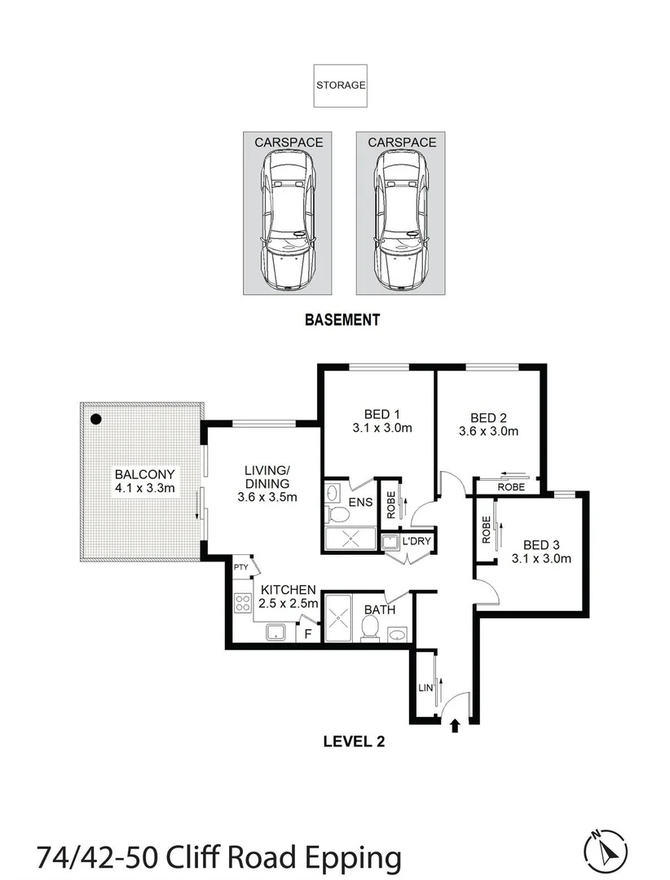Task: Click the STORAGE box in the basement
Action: pyautogui.click(x=341, y=85)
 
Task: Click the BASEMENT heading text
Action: pyautogui.click(x=342, y=320)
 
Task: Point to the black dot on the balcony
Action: pyautogui.click(x=95, y=420)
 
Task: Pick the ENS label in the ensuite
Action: pyautogui.click(x=361, y=503)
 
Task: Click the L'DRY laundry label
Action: pyautogui.click(x=415, y=541)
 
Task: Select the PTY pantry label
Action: pyautogui.click(x=240, y=567)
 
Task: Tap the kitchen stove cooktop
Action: pyautogui.click(x=243, y=603)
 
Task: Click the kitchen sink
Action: pyautogui.click(x=276, y=630)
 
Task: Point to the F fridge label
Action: pyautogui.click(x=307, y=632)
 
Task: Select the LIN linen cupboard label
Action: pyautogui.click(x=424, y=688)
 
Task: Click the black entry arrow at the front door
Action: pyautogui.click(x=454, y=724)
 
